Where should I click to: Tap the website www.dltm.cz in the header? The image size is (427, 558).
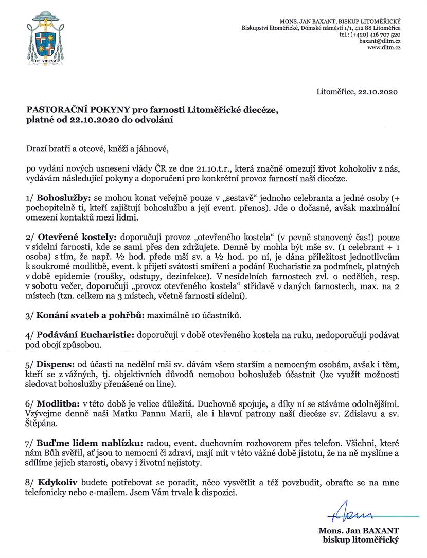(x=384, y=47)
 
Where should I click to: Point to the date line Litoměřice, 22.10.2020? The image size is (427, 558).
(x=358, y=92)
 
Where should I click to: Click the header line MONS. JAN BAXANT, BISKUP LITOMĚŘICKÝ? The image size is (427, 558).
(x=349, y=20)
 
